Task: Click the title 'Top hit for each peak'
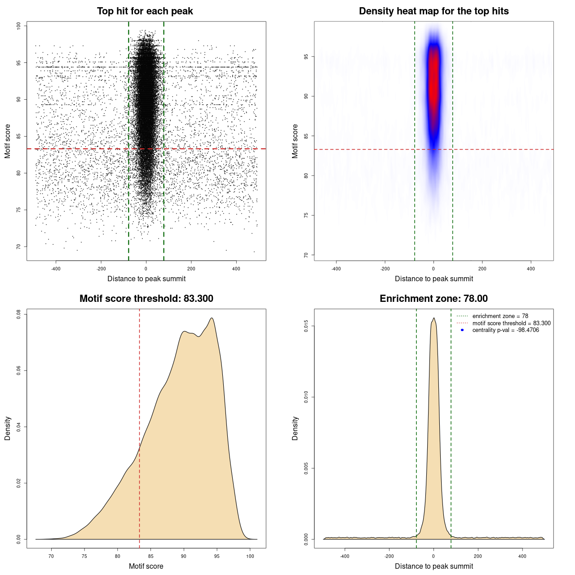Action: pyautogui.click(x=145, y=11)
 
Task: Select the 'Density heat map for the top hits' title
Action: pyautogui.click(x=433, y=11)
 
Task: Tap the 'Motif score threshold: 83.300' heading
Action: pyautogui.click(x=146, y=299)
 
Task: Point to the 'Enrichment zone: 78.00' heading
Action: pyautogui.click(x=433, y=299)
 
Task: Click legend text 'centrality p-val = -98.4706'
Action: pyautogui.click(x=505, y=330)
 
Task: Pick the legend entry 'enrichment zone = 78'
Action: pyautogui.click(x=500, y=316)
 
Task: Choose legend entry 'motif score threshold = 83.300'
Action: pyautogui.click(x=511, y=323)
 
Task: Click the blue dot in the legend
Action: pyautogui.click(x=462, y=330)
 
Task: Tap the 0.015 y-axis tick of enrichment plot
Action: pyautogui.click(x=306, y=326)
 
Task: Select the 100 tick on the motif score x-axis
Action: pyautogui.click(x=250, y=556)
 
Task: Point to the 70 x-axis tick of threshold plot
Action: pyautogui.click(x=51, y=556)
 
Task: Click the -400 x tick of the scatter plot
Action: pyautogui.click(x=56, y=269)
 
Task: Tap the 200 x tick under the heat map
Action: pyautogui.click(x=482, y=269)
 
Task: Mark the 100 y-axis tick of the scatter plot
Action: pyautogui.click(x=18, y=26)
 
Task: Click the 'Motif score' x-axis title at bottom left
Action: pyautogui.click(x=146, y=566)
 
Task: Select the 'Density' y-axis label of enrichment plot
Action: pyautogui.click(x=295, y=428)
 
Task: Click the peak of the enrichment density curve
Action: pyautogui.click(x=433, y=318)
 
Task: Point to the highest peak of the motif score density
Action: pyautogui.click(x=212, y=318)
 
